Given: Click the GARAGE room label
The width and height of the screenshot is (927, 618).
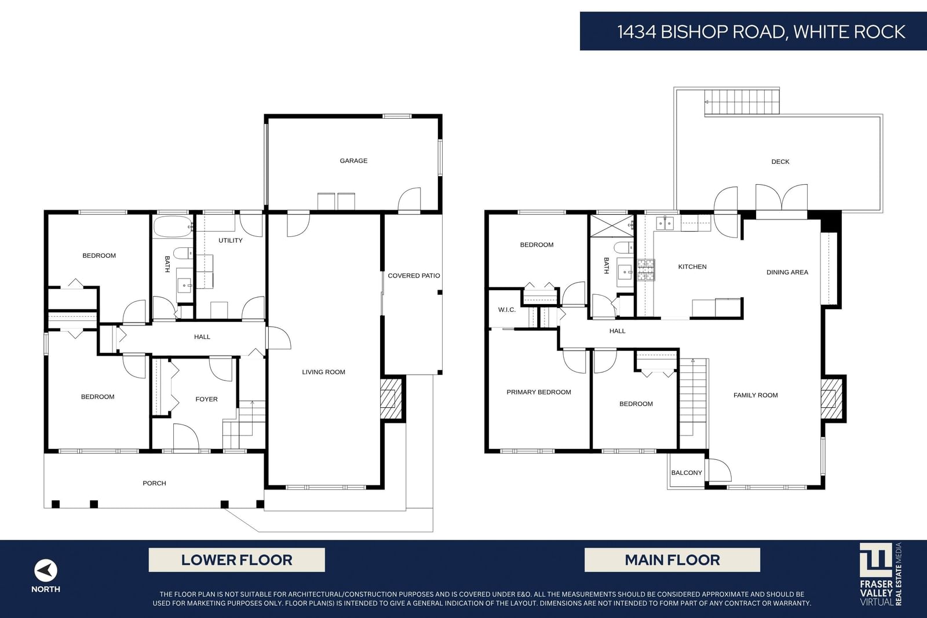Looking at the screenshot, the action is [x=353, y=160].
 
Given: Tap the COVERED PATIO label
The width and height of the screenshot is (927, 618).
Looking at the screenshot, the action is [x=414, y=276].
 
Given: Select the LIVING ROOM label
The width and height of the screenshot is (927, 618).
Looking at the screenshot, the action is [x=324, y=372].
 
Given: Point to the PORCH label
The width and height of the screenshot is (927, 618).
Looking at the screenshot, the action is [x=154, y=483].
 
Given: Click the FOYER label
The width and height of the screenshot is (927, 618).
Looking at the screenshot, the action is [x=206, y=399].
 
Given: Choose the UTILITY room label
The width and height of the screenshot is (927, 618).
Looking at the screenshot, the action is [x=231, y=240].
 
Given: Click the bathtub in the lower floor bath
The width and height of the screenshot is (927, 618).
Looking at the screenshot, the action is [x=173, y=226].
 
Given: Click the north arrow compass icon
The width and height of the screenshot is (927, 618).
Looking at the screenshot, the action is [x=46, y=571].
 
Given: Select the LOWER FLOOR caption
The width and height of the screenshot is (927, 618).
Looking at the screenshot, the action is [x=237, y=560].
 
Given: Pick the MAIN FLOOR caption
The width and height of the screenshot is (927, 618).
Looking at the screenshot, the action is [x=673, y=560].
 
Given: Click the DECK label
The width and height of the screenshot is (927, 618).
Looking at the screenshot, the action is [x=780, y=162].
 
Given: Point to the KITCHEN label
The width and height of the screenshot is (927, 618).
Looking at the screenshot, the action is [x=692, y=267].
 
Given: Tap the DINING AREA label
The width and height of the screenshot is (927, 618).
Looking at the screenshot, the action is [x=787, y=272].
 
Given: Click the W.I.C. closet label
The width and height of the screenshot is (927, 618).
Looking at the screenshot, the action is [x=507, y=310].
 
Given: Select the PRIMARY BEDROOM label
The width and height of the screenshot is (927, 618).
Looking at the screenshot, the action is [x=539, y=392].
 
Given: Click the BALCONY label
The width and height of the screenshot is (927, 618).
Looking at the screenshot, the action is [x=687, y=473].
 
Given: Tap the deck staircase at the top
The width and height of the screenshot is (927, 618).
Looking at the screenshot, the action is [x=742, y=102].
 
